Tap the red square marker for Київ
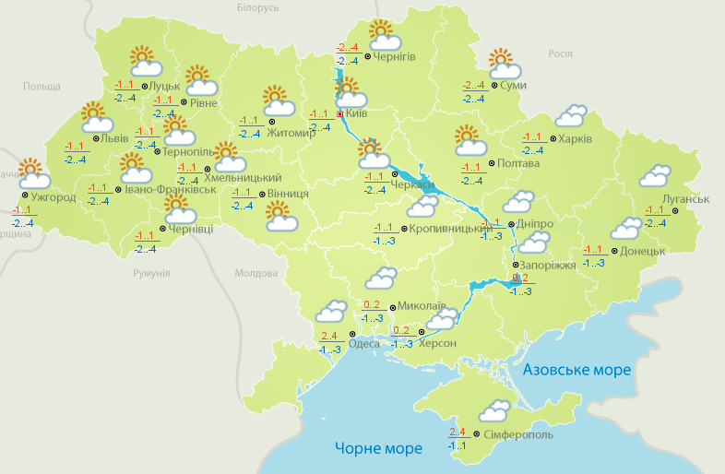tap(339, 114)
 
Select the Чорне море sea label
tap(378, 448)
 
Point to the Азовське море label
tap(576, 370)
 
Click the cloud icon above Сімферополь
tap(493, 410)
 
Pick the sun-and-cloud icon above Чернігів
tap(384, 36)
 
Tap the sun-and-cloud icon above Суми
tap(504, 64)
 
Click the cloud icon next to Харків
tap(570, 115)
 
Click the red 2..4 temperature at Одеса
tap(328, 336)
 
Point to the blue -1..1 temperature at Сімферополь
tap(457, 445)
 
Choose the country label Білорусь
tap(257, 8)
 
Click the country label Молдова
tap(256, 274)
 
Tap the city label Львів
tap(114, 138)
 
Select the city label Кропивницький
tap(450, 228)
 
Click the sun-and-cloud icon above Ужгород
tap(32, 173)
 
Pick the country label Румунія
tap(151, 274)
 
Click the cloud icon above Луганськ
tap(655, 175)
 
